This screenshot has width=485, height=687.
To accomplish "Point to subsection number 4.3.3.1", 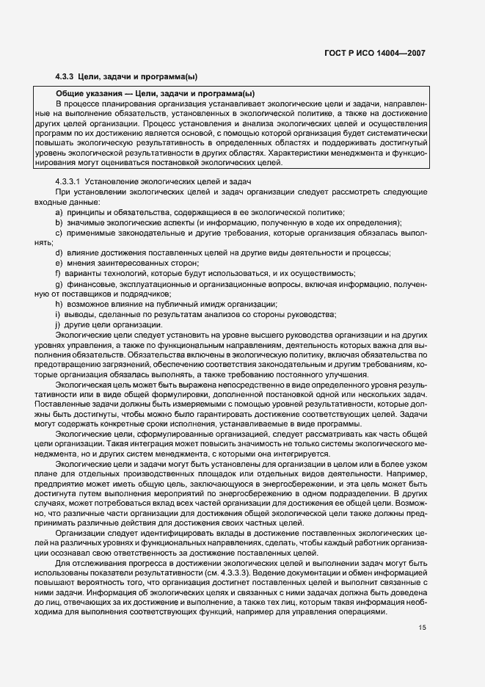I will click(x=70, y=181).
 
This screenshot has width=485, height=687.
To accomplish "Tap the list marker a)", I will click(x=58, y=211).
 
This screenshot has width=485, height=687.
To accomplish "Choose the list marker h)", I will click(x=58, y=304).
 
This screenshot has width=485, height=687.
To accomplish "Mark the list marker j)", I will click(x=57, y=324).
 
